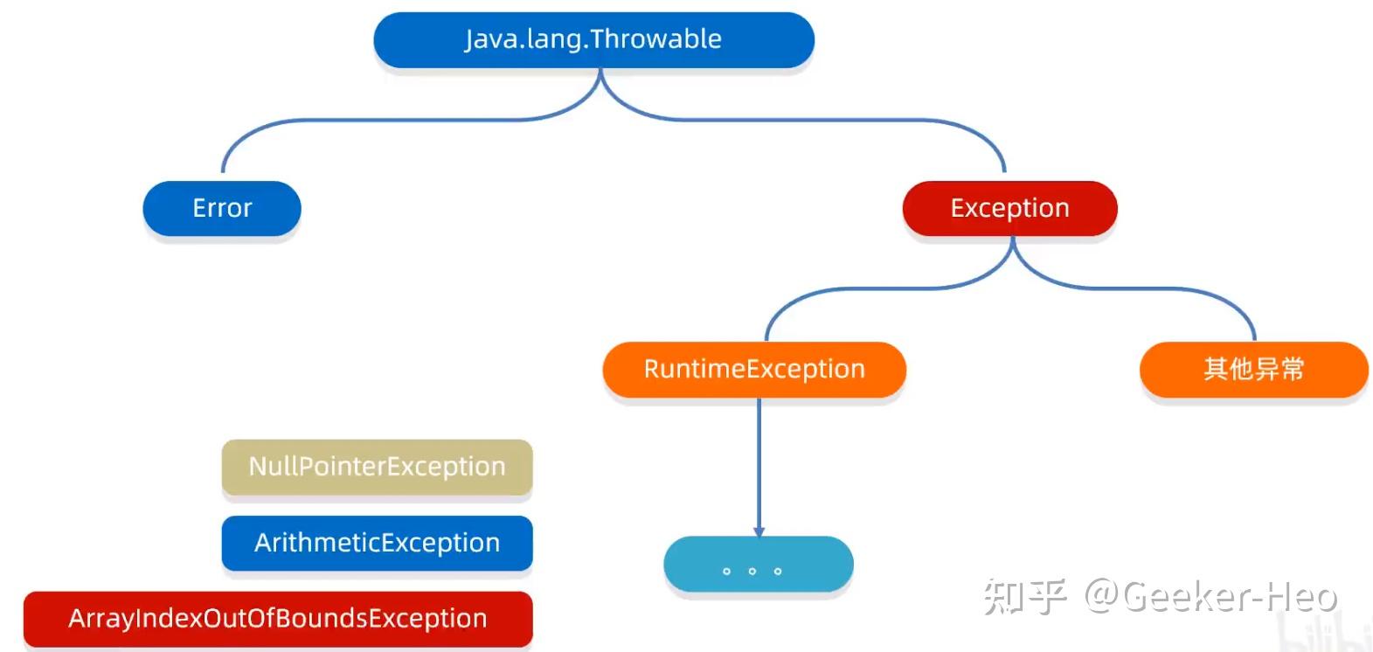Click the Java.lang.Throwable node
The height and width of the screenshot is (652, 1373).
593,40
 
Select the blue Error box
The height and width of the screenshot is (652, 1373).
222,208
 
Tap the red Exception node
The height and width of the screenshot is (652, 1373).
1009,208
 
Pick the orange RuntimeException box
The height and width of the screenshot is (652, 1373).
753,369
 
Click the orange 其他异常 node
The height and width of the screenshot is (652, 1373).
1253,369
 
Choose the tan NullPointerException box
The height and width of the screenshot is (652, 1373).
377,467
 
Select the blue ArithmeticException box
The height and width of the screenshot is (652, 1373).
377,543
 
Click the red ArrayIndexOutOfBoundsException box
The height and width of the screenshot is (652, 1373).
278,619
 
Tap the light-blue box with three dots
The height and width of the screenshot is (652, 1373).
758,565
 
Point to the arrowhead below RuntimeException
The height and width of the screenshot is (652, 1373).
759,531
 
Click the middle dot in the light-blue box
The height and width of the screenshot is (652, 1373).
752,571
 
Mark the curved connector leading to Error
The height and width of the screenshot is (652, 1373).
350,121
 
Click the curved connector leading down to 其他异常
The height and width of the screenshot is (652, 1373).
1180,290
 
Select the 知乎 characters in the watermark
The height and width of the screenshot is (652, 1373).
1023,597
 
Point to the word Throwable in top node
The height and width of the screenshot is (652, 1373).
655,39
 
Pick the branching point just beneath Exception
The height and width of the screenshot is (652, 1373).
1012,249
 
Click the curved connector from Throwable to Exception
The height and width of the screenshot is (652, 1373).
830,121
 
